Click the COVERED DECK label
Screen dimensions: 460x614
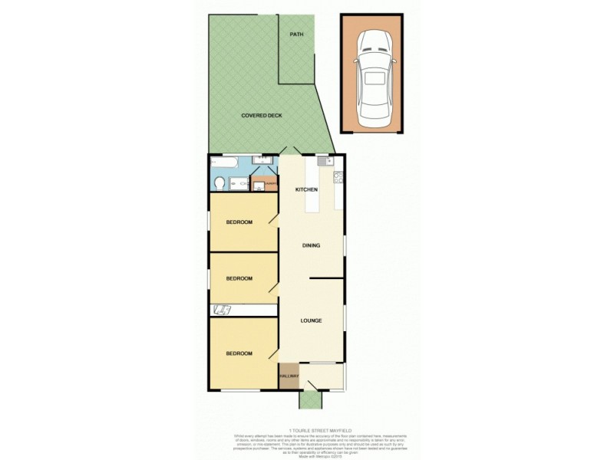coord(262,115)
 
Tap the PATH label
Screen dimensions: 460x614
coord(295,35)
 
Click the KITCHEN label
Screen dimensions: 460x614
coord(307,189)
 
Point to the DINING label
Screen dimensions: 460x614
coord(311,246)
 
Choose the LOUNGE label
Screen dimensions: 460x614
coord(311,320)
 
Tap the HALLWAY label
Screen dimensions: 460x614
coord(289,376)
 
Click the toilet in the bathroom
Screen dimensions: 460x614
coord(220,182)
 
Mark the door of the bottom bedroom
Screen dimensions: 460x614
coord(272,354)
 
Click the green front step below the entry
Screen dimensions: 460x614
coord(312,401)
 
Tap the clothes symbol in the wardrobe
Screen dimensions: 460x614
coord(223,310)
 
